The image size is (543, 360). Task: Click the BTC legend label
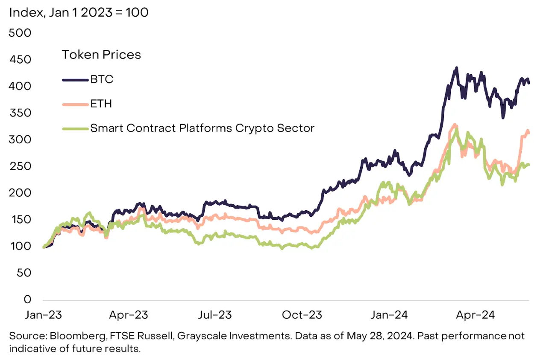102,79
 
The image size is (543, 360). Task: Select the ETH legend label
101,104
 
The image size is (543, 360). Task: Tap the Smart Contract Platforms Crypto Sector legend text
202,128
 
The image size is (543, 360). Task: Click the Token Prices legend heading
101,55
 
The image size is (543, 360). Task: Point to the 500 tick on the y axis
20,33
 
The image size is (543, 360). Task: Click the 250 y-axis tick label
20,166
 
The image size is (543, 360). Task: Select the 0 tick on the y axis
27,299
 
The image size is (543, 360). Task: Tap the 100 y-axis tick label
20,246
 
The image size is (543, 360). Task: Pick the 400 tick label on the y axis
20,86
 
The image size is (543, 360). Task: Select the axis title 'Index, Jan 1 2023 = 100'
79,12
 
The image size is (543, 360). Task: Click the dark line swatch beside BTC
75,80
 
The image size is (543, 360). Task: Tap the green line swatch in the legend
75,128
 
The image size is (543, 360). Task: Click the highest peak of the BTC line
456,68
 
